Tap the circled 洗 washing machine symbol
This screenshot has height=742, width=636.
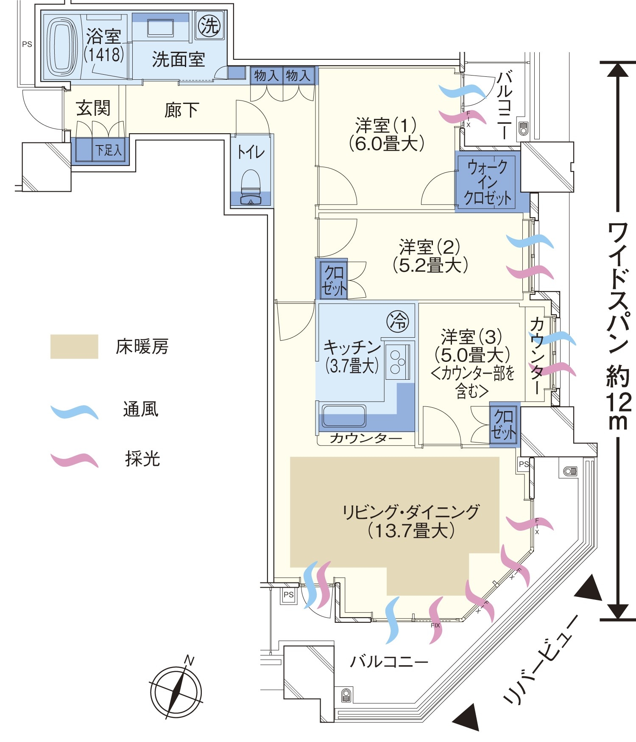tap(209, 25)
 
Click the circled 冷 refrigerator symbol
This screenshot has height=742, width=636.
tap(398, 321)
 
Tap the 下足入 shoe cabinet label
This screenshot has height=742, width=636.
tap(108, 150)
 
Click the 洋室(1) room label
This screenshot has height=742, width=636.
tap(386, 134)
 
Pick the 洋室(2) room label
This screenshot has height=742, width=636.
tap(430, 256)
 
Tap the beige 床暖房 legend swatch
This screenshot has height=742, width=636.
tap(74, 347)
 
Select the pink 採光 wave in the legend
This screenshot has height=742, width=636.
tap(74, 460)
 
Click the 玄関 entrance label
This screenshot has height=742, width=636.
tap(93, 108)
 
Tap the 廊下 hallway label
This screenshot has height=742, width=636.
tap(181, 110)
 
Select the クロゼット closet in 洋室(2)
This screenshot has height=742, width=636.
tap(334, 280)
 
